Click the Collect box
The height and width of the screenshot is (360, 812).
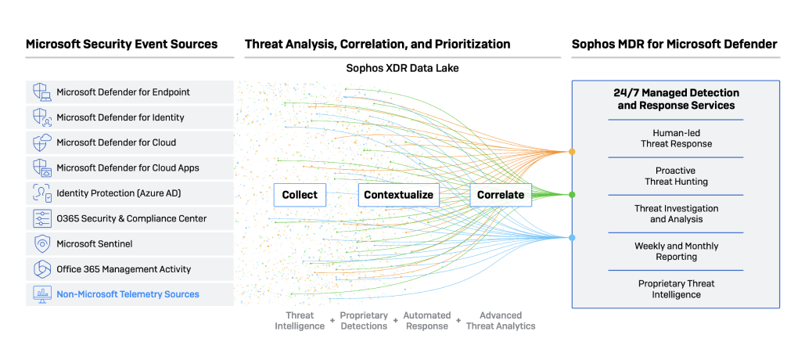tap(300, 194)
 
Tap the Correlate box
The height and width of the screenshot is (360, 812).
tap(500, 194)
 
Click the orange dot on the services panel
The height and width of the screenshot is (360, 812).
tap(572, 151)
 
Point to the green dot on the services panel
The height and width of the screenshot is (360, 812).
tap(572, 194)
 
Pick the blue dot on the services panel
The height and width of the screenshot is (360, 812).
tap(572, 237)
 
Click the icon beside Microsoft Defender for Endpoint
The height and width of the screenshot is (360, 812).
tap(41, 92)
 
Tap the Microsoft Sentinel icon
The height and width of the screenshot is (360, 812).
tap(41, 243)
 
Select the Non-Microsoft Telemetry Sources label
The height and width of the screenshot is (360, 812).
tap(128, 294)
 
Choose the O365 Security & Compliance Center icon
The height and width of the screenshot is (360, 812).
tap(41, 218)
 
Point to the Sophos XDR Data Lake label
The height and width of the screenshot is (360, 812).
tap(402, 68)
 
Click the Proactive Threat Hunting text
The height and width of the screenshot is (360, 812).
tap(676, 176)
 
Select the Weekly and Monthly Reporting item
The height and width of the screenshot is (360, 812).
tap(676, 251)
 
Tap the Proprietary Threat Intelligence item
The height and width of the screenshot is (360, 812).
tap(676, 289)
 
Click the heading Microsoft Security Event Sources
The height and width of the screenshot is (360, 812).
tap(121, 44)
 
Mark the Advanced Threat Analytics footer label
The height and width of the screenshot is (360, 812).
tap(501, 320)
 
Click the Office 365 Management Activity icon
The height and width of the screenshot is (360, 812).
tap(41, 269)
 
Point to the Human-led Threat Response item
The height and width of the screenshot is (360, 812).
tap(676, 139)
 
